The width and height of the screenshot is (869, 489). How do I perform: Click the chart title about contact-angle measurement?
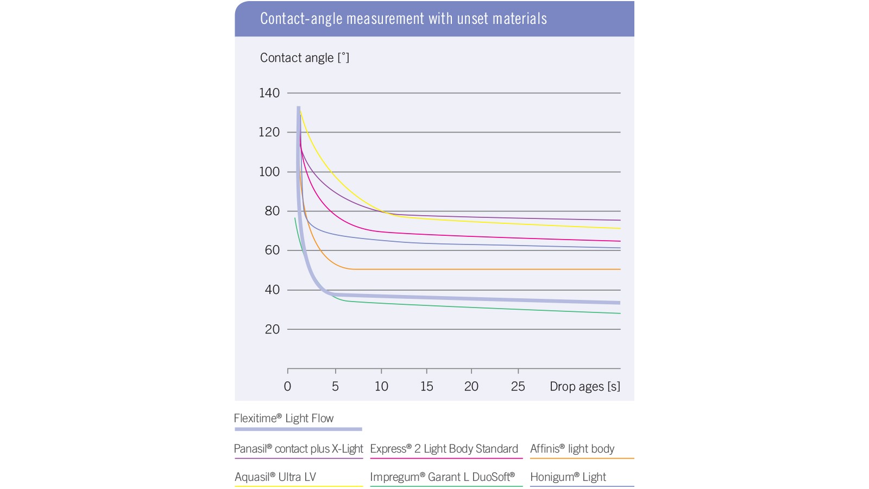click(403, 18)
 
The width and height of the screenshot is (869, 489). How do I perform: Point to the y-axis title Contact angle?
click(304, 58)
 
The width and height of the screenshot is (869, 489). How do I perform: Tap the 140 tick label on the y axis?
click(269, 93)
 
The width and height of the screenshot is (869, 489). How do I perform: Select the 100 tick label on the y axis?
click(269, 172)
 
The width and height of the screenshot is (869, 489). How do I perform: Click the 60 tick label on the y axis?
click(272, 250)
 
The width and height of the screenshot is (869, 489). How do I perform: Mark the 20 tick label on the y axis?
click(272, 329)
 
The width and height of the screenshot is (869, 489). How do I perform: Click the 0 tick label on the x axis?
click(287, 386)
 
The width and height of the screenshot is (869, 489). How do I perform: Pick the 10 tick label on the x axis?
click(381, 386)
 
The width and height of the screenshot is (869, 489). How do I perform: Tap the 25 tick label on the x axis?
click(518, 386)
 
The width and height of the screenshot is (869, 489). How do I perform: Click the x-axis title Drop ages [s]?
click(584, 386)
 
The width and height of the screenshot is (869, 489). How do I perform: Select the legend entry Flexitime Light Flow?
click(284, 418)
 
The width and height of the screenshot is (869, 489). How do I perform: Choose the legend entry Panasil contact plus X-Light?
click(298, 449)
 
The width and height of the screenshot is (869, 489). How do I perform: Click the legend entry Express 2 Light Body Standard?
click(444, 449)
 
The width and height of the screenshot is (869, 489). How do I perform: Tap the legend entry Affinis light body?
click(572, 449)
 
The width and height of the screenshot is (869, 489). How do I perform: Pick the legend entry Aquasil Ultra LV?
click(275, 477)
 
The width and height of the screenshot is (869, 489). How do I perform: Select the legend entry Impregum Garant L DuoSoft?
click(442, 477)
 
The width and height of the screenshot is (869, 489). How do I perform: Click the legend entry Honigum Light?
click(568, 477)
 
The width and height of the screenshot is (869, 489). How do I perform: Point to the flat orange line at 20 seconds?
click(471, 269)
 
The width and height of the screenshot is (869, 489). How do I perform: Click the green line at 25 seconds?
click(518, 310)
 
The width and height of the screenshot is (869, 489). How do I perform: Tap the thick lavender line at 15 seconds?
click(427, 298)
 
